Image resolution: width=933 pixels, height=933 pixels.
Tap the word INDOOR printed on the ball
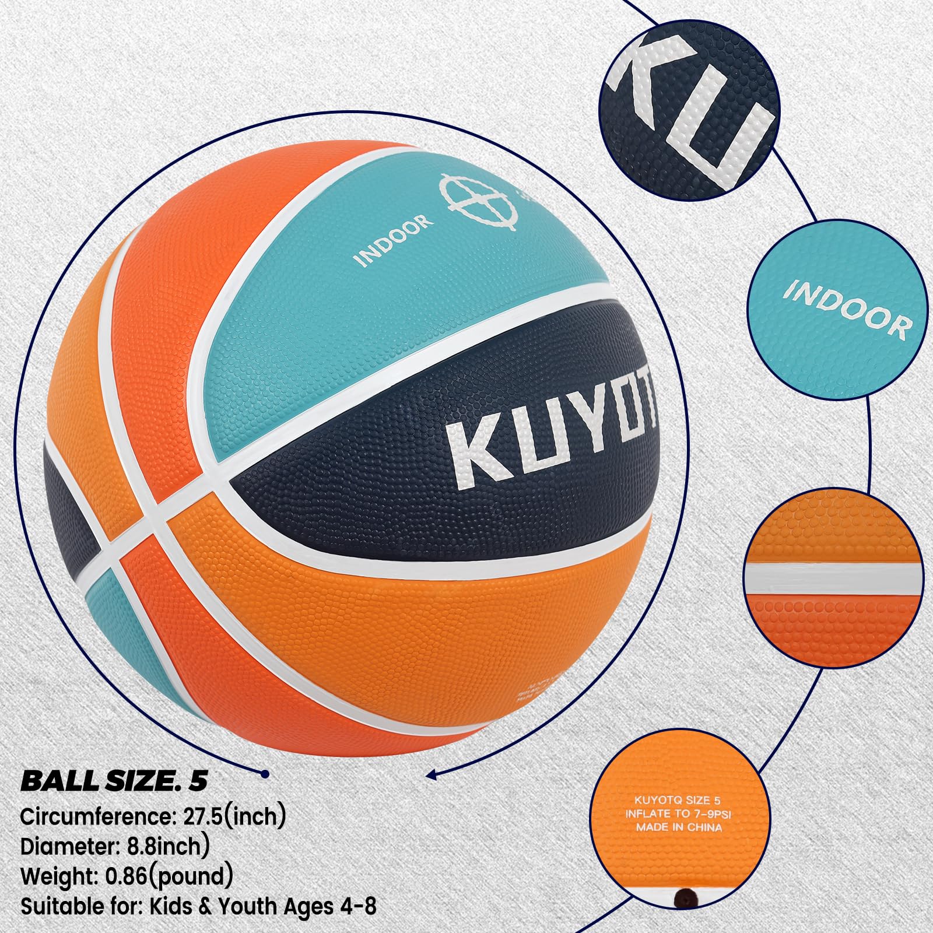point(395,239)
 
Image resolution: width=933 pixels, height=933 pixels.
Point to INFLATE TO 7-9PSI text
point(678,814)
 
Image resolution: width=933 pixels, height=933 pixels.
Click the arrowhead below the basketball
point(432,775)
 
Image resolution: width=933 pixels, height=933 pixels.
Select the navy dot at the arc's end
point(265,774)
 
